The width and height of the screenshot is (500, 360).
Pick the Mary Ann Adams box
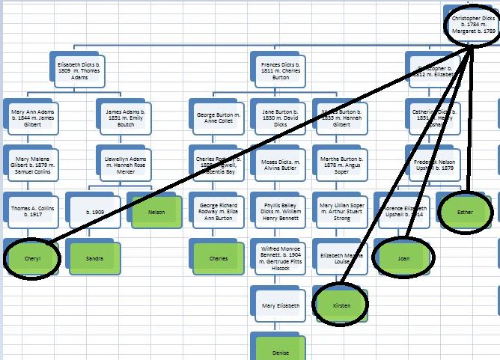coord(34,117)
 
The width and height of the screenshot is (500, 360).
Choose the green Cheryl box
coord(31,258)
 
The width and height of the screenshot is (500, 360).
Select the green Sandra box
coord(94,258)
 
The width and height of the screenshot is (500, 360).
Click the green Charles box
coord(219,258)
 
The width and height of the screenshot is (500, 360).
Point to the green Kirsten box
coord(341,304)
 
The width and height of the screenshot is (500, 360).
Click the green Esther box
coord(466,212)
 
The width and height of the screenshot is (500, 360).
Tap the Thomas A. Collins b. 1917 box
coord(34,211)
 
